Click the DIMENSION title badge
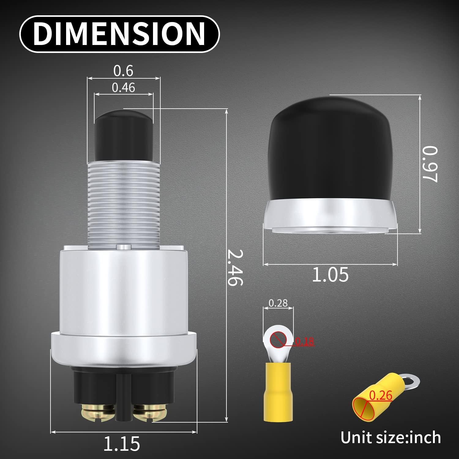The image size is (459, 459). tap(119, 33)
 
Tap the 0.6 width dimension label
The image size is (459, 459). tap(123, 71)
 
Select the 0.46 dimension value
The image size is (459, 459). tap(123, 88)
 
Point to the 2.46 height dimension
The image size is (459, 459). tap(236, 267)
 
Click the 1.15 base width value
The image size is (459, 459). tap(121, 443)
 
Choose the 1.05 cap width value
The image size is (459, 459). tap(330, 274)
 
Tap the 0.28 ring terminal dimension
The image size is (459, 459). tap(278, 303)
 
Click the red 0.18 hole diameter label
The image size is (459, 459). tap(305, 341)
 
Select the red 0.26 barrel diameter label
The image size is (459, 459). tap(381, 395)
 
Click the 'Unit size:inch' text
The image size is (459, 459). tap(391, 437)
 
